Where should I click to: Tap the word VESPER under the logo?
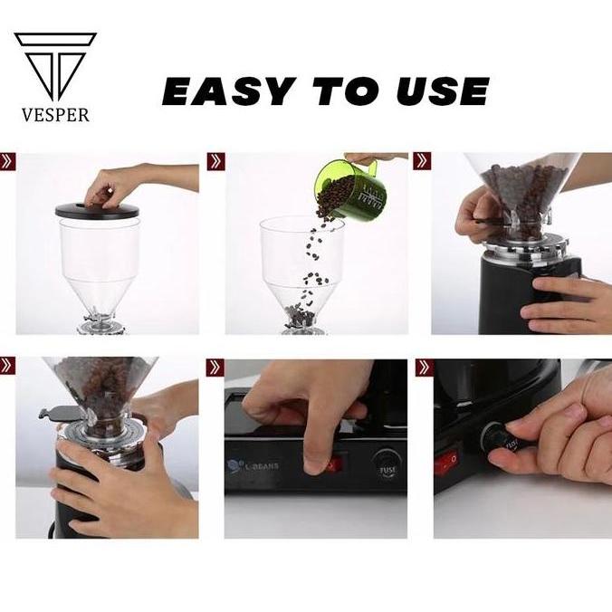[55, 116]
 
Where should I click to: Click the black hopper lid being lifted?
[100, 210]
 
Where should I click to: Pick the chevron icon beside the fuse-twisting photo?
[423, 367]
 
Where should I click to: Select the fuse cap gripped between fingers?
[506, 444]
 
